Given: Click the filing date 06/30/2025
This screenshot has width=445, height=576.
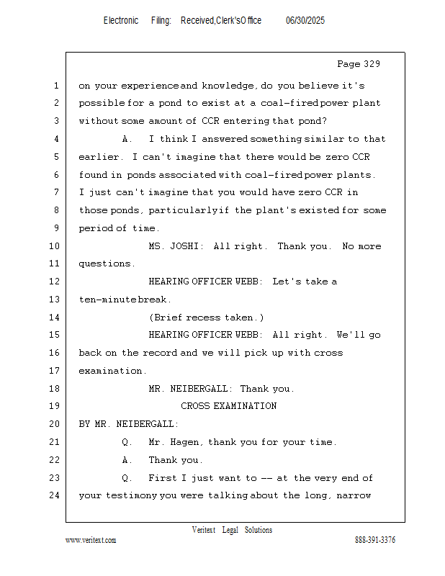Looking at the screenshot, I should [305, 21].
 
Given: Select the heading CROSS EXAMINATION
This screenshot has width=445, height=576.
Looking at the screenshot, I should [228, 406].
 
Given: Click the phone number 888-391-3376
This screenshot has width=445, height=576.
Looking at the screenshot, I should [375, 540].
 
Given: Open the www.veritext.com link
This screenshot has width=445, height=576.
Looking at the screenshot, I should [91, 540].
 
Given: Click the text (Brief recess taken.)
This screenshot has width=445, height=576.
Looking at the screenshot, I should [206, 318].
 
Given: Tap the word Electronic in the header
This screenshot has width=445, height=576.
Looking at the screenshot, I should [121, 21].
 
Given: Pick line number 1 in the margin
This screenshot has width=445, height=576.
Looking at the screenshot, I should [55, 86].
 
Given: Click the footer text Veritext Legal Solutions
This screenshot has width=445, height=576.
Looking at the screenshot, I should [232, 530].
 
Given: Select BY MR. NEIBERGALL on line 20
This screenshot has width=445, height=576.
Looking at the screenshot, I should [128, 424].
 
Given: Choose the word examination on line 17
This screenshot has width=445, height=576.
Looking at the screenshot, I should [112, 371].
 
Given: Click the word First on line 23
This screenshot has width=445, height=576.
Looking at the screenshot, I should [163, 478].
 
